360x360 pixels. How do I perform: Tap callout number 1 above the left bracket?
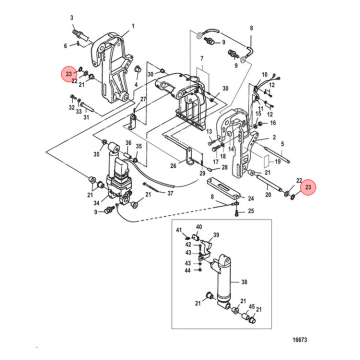pyautogui.click(x=133, y=26)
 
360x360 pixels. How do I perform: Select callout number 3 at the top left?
pyautogui.click(x=71, y=18)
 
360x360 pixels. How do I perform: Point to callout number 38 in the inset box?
pyautogui.click(x=244, y=282)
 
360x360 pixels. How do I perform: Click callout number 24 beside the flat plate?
pyautogui.click(x=250, y=198)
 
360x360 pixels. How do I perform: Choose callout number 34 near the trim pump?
pyautogui.click(x=96, y=203)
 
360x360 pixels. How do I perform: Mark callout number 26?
pyautogui.click(x=172, y=166)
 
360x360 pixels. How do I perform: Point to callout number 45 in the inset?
pyautogui.click(x=251, y=306)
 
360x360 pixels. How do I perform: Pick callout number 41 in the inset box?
pyautogui.click(x=178, y=229)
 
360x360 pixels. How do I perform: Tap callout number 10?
pyautogui.click(x=264, y=74)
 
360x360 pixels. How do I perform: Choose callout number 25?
pyautogui.click(x=250, y=211)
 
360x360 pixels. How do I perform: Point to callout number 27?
pyautogui.click(x=142, y=99)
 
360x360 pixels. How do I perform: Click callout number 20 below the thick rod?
pyautogui.click(x=267, y=195)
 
